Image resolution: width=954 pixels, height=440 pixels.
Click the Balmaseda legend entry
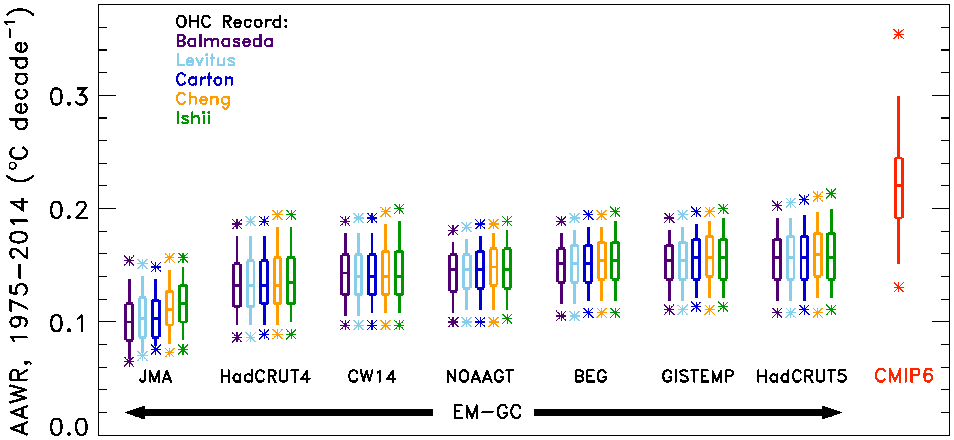pyautogui.click(x=224, y=41)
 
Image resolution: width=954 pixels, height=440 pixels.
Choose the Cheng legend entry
pyautogui.click(x=203, y=99)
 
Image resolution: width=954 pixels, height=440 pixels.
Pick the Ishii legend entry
pyautogui.click(x=193, y=118)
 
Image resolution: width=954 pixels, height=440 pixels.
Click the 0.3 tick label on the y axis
pyautogui.click(x=69, y=97)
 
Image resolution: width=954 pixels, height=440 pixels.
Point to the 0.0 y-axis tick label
pyautogui.click(x=69, y=427)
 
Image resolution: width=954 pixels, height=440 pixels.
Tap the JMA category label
pyautogui.click(x=156, y=377)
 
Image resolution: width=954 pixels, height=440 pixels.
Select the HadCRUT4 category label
pyautogui.click(x=265, y=377)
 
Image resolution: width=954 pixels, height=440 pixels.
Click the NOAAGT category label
pyautogui.click(x=480, y=377)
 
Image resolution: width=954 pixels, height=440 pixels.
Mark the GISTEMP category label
pyautogui.click(x=698, y=377)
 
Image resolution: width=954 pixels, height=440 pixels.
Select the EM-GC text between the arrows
pyautogui.click(x=487, y=412)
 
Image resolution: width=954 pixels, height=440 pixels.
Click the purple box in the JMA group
pyautogui.click(x=129, y=322)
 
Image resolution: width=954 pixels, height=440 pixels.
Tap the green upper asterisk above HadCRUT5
pyautogui.click(x=831, y=193)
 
